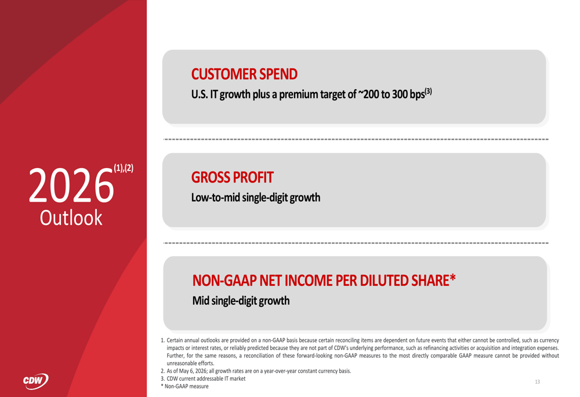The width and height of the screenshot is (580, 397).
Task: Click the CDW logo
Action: click(35, 381)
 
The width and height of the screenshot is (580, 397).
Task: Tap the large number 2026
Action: click(71, 185)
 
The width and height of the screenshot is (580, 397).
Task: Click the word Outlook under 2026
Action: click(71, 218)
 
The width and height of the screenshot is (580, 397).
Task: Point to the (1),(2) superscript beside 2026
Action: click(124, 168)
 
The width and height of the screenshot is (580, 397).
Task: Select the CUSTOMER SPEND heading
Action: click(244, 74)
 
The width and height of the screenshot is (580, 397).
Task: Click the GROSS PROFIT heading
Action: click(233, 177)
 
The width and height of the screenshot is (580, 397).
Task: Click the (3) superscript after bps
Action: click(429, 91)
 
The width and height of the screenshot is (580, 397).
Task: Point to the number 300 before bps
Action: click(400, 94)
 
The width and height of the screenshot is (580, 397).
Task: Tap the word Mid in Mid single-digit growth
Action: click(201, 301)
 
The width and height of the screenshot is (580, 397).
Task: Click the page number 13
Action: click(538, 382)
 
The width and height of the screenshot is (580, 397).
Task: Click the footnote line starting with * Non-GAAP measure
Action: click(184, 387)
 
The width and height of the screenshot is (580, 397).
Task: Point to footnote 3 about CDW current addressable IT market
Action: click(203, 378)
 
